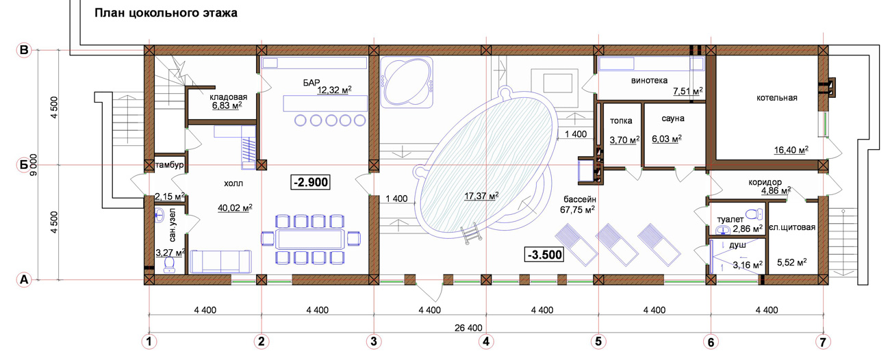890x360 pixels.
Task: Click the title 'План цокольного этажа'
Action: [166, 13]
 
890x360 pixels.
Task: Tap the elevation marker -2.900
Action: [310, 182]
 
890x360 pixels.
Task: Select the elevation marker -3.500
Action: [544, 255]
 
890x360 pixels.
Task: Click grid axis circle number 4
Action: [486, 342]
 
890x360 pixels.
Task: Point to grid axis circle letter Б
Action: [24, 164]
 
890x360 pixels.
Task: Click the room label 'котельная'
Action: [777, 98]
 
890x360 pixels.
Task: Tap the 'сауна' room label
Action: [673, 118]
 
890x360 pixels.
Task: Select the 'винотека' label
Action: [649, 81]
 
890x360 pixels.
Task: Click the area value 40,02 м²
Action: [235, 208]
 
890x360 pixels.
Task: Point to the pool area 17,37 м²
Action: [481, 196]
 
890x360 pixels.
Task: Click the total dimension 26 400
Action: [468, 328]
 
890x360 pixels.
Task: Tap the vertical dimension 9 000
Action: [34, 165]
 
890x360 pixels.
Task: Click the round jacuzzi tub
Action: [407, 82]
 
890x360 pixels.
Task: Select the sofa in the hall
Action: [220, 261]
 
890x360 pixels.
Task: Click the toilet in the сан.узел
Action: [170, 265]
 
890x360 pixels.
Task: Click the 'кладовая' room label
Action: [229, 97]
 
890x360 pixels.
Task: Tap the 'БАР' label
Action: [311, 83]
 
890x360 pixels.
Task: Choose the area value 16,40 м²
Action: [791, 150]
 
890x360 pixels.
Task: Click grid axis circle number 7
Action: [823, 342]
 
